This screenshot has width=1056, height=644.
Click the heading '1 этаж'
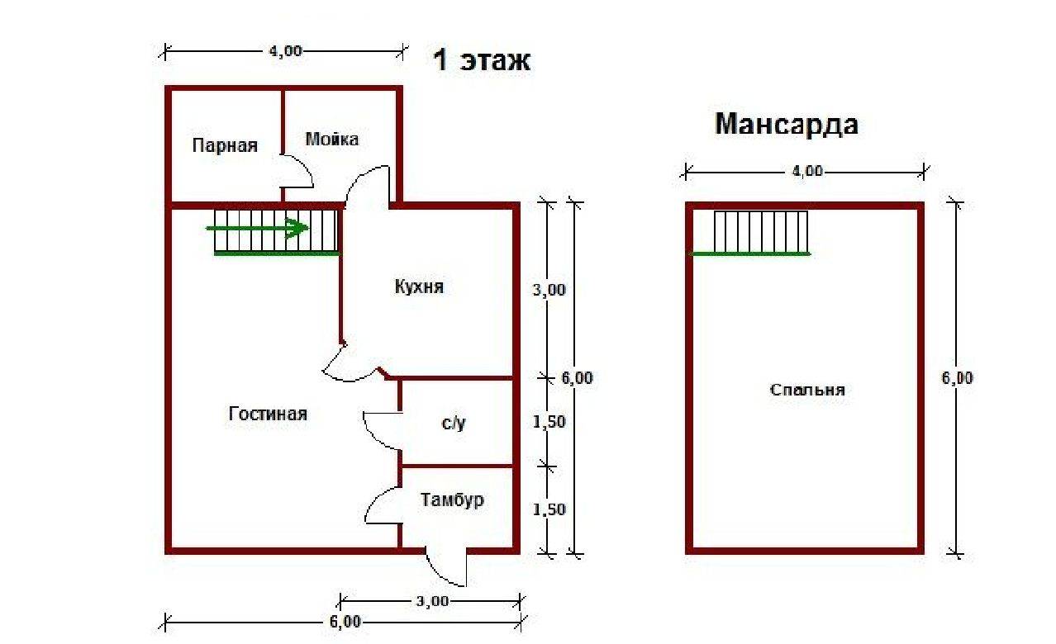pos(482,61)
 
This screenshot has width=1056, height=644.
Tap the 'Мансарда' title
pos(786,124)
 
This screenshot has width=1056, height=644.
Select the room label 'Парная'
pos(225,146)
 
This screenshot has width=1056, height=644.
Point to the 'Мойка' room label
pos(332,139)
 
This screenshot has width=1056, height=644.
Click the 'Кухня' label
pos(419,286)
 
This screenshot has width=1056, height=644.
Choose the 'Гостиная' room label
pos(268,414)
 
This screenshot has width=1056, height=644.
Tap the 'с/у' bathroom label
pos(454,424)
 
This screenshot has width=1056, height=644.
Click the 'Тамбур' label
pos(452,500)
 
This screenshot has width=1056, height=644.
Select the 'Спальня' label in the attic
pos(807,390)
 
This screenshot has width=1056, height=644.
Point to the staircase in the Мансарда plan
pos(760,232)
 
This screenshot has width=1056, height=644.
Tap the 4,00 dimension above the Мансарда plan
pos(807,172)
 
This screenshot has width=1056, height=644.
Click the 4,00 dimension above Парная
pos(286,51)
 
